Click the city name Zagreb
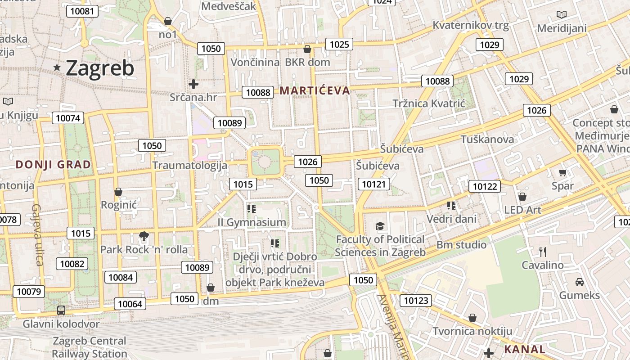(x=100, y=68)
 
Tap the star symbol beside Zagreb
(x=57, y=67)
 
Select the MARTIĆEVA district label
(x=315, y=91)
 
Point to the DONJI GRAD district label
(x=53, y=165)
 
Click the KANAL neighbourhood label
(x=525, y=349)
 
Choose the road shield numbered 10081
(x=82, y=11)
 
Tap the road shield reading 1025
(x=339, y=44)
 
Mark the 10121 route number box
(x=374, y=184)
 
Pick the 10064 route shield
(x=130, y=304)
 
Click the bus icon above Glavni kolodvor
(x=61, y=310)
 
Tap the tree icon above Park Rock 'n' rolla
(x=144, y=235)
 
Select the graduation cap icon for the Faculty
(x=380, y=226)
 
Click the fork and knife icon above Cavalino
(x=543, y=252)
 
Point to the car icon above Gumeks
(x=580, y=282)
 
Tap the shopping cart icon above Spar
(x=562, y=172)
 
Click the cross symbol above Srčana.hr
(x=193, y=84)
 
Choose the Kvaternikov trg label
(x=470, y=25)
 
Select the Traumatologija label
(x=189, y=165)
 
